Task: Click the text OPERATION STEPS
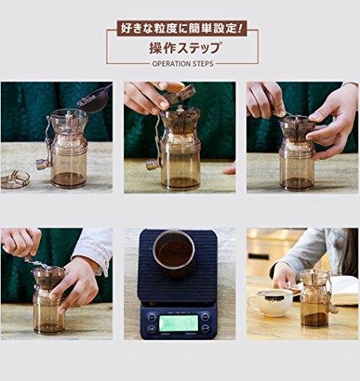coord(183,63)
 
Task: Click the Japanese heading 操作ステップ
coord(184,48)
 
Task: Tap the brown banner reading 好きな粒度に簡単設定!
coord(182,28)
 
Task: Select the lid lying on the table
coord(14,179)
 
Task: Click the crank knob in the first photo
coord(42,164)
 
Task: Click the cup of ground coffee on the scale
coord(174,254)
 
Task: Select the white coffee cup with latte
coord(270,303)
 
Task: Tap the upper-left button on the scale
coord(151,318)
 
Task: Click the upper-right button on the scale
coord(205,317)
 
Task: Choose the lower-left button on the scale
coord(151,329)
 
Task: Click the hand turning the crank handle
coord(21,242)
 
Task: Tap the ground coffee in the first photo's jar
coord(68,180)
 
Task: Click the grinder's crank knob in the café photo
coord(334,309)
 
